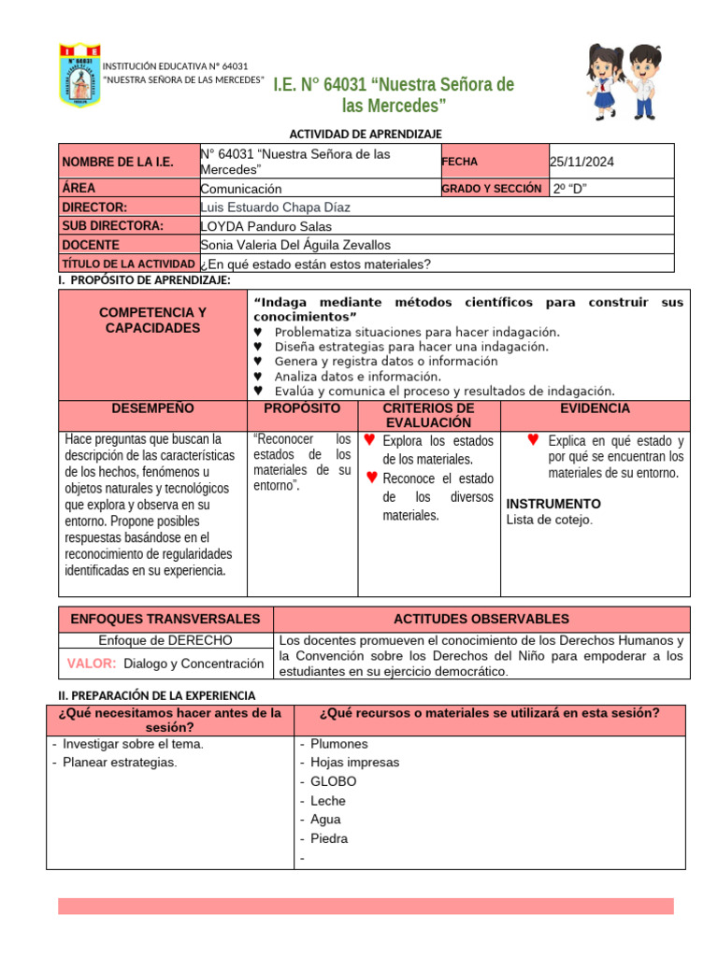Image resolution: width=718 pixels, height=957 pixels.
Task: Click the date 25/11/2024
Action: (x=582, y=162)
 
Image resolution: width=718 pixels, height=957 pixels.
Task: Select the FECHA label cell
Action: (x=459, y=162)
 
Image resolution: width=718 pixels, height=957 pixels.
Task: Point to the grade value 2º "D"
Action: (x=570, y=189)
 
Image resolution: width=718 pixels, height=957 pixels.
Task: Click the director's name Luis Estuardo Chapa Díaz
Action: (x=275, y=207)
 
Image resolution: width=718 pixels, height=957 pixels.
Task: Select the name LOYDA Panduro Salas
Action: (x=266, y=226)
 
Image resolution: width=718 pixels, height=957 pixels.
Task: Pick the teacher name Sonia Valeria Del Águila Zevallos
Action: (x=294, y=245)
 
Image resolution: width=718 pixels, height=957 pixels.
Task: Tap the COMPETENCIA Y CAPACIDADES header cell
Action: (x=152, y=320)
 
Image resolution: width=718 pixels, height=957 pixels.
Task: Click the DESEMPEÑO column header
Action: (x=152, y=409)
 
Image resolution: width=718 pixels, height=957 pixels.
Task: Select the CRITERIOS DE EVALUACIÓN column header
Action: (x=428, y=416)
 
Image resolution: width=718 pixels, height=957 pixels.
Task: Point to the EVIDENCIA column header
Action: (x=595, y=409)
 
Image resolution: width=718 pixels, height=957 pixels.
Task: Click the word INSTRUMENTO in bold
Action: (x=553, y=504)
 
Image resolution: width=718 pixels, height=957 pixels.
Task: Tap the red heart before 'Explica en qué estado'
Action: (x=533, y=439)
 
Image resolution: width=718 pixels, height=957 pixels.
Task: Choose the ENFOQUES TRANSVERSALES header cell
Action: (x=159, y=619)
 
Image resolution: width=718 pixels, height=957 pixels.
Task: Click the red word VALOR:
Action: (x=92, y=663)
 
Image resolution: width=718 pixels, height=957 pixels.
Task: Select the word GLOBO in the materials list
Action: (x=333, y=781)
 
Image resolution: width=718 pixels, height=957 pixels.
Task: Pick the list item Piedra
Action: (x=329, y=838)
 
